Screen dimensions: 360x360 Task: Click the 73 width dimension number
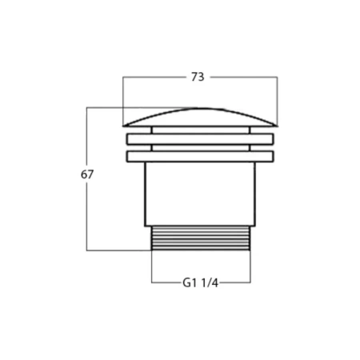point(198,77)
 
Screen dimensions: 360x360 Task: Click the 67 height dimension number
point(87,174)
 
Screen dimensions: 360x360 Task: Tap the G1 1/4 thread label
point(201,283)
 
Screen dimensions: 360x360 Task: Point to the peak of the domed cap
point(200,109)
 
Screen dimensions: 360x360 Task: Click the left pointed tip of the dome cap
point(123,126)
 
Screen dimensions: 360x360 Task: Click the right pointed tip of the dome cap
point(277,126)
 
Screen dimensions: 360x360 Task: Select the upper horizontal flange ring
point(200,139)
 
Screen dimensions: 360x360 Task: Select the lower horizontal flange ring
point(200,157)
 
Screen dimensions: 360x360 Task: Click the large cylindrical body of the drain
point(200,194)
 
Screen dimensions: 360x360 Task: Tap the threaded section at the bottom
point(201,238)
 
